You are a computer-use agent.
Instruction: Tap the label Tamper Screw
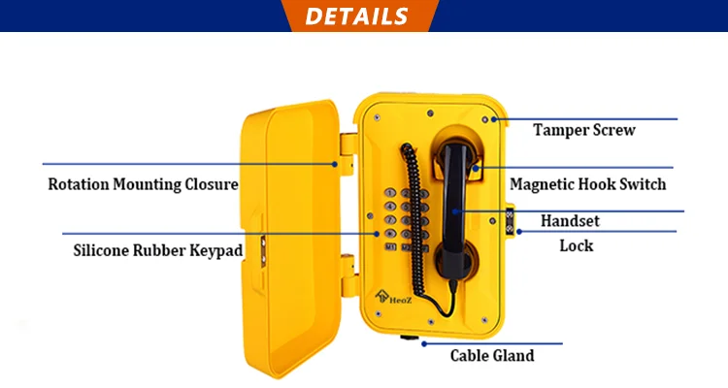[584, 130]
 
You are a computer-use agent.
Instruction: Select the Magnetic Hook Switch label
[588, 183]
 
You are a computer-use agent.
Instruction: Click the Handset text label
[570, 221]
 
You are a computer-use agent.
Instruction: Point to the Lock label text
[576, 245]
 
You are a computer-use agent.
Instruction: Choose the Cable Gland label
[492, 355]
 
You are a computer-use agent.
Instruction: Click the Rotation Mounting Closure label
[143, 183]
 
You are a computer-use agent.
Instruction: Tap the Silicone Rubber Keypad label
[158, 249]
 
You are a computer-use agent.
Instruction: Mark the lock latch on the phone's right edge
[508, 220]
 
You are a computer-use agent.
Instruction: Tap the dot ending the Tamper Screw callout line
[494, 119]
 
